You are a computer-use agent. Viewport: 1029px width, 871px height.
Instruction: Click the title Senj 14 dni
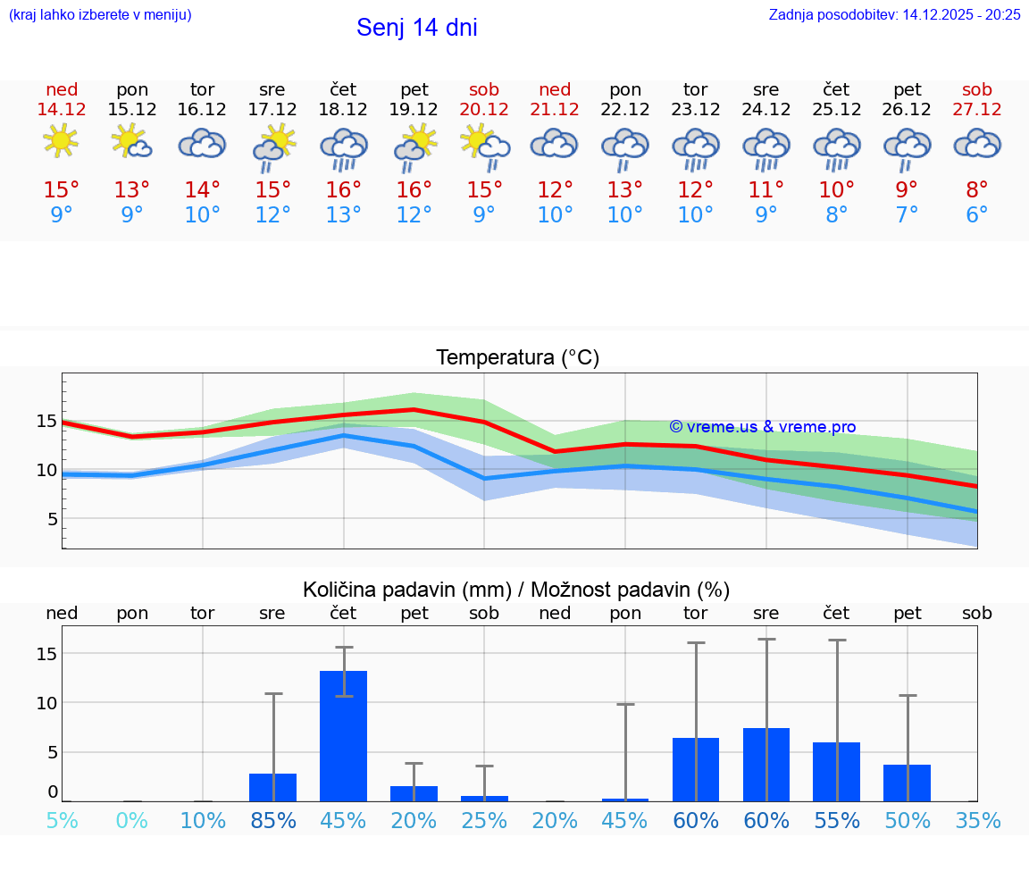tap(416, 28)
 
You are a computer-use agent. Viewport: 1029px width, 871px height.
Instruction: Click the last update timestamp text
tap(894, 14)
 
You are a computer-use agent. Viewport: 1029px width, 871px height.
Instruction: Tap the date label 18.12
tap(343, 109)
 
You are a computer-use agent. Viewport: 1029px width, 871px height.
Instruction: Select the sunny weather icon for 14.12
tap(61, 141)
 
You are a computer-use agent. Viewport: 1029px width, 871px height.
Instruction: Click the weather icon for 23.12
tap(696, 147)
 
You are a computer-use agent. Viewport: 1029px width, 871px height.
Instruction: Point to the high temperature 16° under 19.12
tap(414, 190)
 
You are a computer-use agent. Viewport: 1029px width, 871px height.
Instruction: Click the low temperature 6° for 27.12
tap(976, 215)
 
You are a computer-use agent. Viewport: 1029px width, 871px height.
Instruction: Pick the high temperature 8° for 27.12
tap(976, 190)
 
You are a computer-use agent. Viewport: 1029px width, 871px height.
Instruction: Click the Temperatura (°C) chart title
tap(517, 358)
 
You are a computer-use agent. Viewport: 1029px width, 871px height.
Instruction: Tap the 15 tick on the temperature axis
tap(47, 421)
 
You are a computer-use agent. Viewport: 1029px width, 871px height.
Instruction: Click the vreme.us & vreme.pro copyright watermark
tap(762, 427)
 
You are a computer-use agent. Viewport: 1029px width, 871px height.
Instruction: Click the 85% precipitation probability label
tap(273, 820)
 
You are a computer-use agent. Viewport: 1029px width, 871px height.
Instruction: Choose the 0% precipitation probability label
tap(132, 820)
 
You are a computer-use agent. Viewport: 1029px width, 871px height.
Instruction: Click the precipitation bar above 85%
tap(273, 787)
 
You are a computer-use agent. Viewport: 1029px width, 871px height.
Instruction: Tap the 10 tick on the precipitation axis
tap(47, 703)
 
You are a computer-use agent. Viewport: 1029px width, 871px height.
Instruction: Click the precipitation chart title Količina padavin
tap(516, 590)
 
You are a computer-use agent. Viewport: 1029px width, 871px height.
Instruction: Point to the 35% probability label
tap(976, 820)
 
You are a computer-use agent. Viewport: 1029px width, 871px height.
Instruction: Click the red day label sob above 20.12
tap(484, 89)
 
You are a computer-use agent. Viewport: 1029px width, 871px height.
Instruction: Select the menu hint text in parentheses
tap(100, 14)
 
